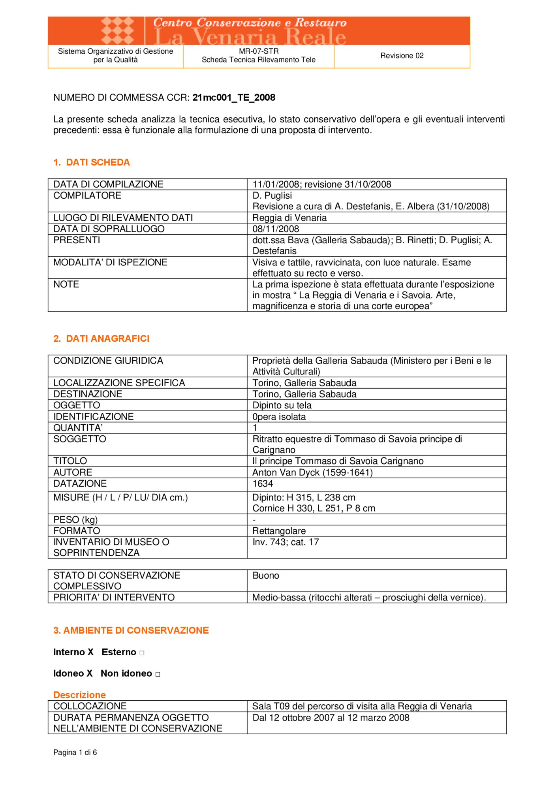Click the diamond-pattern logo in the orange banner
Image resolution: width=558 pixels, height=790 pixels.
coord(117,30)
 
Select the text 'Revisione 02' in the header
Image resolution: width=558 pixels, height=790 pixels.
coord(402,56)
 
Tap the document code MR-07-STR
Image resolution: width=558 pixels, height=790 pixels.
coord(259,51)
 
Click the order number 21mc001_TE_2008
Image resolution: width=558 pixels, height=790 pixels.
coord(234,98)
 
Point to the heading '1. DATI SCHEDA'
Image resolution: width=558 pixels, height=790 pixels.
coord(92,162)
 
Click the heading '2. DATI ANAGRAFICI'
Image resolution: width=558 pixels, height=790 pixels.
coord(101,339)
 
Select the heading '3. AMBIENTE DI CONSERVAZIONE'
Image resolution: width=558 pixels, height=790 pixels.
coord(131,630)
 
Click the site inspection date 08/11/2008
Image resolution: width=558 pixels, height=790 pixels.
coord(276,229)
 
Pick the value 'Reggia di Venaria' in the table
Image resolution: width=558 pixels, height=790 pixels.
coord(289,218)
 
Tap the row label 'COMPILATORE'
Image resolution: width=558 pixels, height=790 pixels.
coord(87,196)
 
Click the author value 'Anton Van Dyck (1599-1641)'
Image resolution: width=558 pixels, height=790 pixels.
coord(312,472)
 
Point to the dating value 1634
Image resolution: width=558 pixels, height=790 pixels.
coord(263,484)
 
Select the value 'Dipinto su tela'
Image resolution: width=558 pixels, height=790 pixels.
coord(282,405)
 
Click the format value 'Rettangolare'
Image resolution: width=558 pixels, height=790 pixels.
coord(279,531)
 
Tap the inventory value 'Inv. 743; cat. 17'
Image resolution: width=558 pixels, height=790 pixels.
coord(286,542)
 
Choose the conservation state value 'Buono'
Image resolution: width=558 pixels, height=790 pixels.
coord(266,576)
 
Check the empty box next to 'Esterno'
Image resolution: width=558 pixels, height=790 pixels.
coord(142,653)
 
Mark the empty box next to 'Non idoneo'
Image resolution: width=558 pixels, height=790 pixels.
coord(158,674)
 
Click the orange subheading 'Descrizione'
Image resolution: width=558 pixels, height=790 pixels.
coord(80,695)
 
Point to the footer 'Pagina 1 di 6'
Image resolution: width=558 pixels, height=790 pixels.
coord(75,752)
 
